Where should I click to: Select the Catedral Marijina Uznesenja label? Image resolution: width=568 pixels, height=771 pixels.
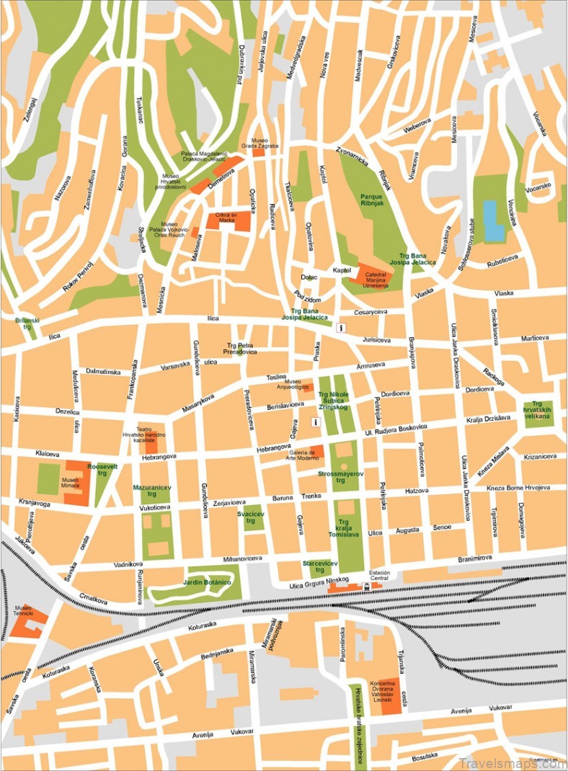(381, 280)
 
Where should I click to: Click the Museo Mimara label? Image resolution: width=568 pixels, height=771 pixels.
(70, 483)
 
